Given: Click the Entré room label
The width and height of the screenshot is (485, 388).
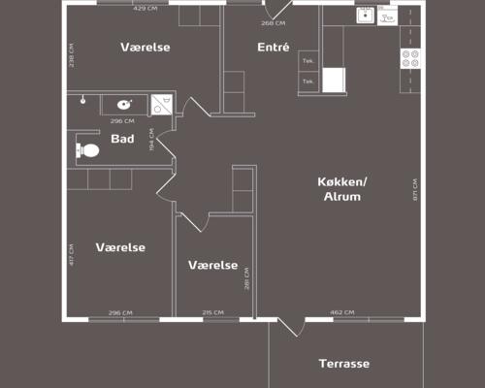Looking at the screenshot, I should (274, 48).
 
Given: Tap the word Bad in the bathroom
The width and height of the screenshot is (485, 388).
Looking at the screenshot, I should (122, 139).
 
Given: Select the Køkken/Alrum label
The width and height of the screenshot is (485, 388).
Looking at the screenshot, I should (341, 189).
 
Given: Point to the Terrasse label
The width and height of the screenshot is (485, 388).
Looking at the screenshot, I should (344, 364).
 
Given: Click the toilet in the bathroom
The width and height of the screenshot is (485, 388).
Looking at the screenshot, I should (87, 151).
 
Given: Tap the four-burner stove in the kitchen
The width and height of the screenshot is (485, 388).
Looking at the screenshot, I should (410, 58).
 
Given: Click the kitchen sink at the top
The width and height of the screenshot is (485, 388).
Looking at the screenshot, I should (366, 15).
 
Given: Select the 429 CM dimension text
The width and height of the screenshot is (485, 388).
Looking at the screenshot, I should (145, 9).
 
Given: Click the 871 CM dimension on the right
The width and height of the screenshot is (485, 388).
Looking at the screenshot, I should (414, 189).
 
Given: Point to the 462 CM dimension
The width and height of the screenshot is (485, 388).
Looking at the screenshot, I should (342, 312).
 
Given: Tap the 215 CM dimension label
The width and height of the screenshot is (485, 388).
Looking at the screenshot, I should (212, 312).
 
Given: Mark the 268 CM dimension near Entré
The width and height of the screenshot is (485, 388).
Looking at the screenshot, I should (273, 22).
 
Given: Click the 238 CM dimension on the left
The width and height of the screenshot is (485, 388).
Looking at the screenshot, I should (72, 54).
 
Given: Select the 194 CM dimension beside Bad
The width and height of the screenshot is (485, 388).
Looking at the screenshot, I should (152, 141).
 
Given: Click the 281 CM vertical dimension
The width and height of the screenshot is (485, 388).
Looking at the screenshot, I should (247, 278).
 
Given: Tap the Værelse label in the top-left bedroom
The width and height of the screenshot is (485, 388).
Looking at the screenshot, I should (145, 48).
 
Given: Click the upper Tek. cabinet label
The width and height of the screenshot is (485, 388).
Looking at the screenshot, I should (308, 60).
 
